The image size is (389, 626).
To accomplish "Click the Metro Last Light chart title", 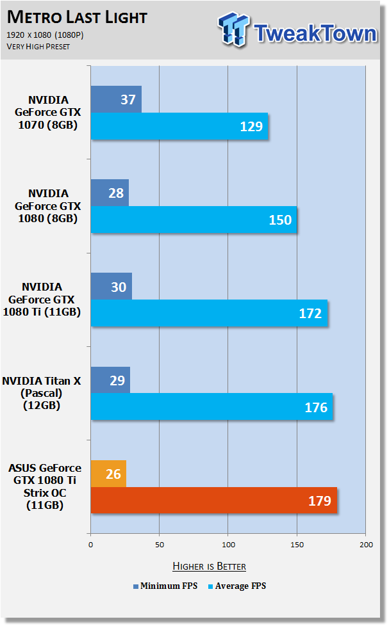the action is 77,17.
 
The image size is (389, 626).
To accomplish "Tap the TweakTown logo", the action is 297,30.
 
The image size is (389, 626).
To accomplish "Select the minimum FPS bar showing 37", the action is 117,99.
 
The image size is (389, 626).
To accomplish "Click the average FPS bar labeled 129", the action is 179,126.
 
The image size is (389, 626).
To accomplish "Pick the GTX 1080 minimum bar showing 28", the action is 110,193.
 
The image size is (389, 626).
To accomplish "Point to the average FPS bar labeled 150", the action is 194,220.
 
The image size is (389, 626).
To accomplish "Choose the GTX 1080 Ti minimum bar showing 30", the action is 112,286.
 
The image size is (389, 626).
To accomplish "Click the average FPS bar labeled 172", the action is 209,313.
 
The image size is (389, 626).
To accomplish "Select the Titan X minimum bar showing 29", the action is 111,380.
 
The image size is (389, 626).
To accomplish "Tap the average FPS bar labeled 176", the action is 212,407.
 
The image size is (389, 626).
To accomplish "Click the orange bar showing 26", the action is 109,474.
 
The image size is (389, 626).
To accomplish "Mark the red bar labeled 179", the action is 214,501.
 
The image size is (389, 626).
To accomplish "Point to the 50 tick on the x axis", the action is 160,545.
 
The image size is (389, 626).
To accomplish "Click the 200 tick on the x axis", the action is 366,545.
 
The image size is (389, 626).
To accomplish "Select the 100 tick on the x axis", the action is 228,545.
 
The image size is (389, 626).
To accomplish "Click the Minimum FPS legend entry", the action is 165,586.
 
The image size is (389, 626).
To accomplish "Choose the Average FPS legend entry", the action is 237,586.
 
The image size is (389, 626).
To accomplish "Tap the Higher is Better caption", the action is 209,566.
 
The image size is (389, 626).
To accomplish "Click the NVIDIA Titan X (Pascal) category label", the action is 42,393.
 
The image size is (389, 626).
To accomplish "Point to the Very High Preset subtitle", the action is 38,47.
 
